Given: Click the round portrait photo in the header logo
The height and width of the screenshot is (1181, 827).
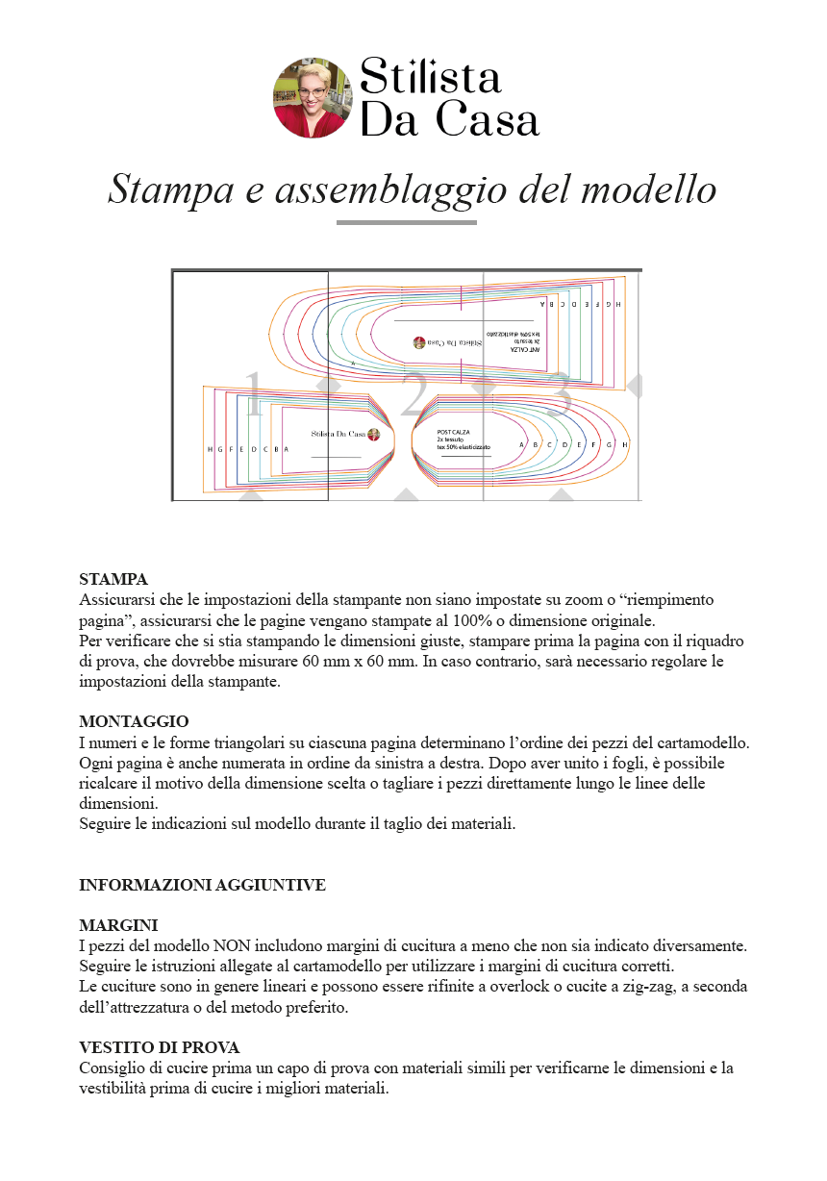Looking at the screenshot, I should coord(313,97).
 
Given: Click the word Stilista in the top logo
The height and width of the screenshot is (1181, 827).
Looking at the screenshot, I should coord(430,76).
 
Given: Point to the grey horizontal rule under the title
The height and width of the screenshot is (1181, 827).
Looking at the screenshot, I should coord(406,222).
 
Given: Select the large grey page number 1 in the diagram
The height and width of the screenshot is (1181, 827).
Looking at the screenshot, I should coord(253,394).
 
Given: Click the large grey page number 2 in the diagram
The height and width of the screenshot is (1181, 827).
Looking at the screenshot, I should coord(413,395).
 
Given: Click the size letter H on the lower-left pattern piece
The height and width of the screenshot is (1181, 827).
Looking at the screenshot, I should coord(210,449).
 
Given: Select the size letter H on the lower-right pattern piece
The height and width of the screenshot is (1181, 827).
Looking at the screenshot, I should coord(624,445).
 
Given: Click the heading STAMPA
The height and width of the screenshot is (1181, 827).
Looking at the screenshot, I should coord(113,579).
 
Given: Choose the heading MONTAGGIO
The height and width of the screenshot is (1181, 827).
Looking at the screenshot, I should coord(134,721).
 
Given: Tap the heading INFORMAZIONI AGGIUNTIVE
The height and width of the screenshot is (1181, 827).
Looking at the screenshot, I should coord(202,885).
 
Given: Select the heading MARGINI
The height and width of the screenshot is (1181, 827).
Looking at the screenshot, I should coord(118,925).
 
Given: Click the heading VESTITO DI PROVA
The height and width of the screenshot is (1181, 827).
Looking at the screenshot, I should coord(159,1047).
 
